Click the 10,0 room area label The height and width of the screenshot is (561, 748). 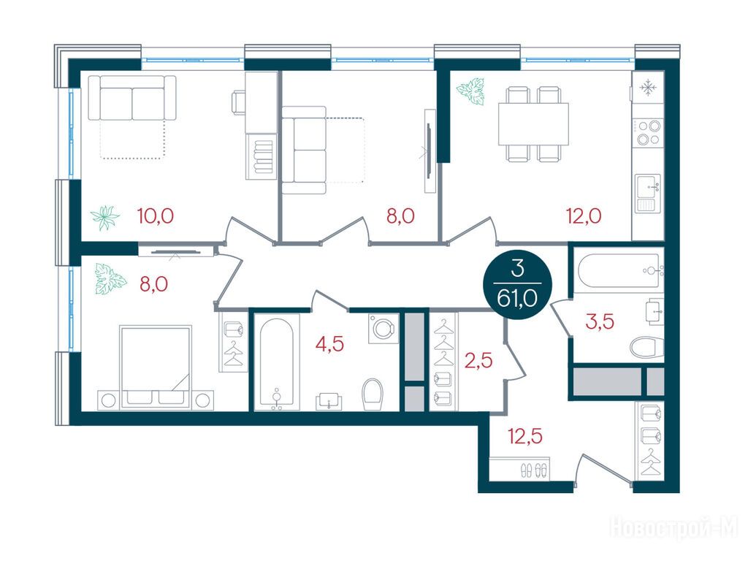click(x=156, y=216)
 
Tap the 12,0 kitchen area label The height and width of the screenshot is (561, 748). click(x=584, y=216)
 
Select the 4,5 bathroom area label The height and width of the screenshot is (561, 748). click(x=329, y=343)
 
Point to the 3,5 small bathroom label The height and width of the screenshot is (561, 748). click(x=600, y=322)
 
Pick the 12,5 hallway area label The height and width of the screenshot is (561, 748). click(x=525, y=436)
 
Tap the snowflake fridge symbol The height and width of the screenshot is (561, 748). click(x=647, y=88)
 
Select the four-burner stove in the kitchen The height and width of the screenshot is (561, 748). click(x=649, y=132)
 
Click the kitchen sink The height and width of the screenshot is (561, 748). click(x=649, y=193)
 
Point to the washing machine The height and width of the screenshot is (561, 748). click(x=383, y=328)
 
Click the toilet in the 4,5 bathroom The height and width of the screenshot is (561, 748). click(x=373, y=394)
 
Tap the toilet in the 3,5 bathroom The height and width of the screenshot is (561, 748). click(x=647, y=347)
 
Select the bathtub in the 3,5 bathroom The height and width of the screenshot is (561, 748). click(x=619, y=270)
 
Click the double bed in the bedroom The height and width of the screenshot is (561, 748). click(x=156, y=367)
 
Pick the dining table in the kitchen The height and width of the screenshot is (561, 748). click(x=533, y=124)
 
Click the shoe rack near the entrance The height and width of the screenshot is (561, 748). click(x=519, y=468)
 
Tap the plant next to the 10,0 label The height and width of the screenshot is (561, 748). click(x=104, y=218)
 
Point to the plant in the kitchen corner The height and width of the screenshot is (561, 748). click(x=471, y=91)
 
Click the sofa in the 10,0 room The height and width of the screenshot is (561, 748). click(x=132, y=98)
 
